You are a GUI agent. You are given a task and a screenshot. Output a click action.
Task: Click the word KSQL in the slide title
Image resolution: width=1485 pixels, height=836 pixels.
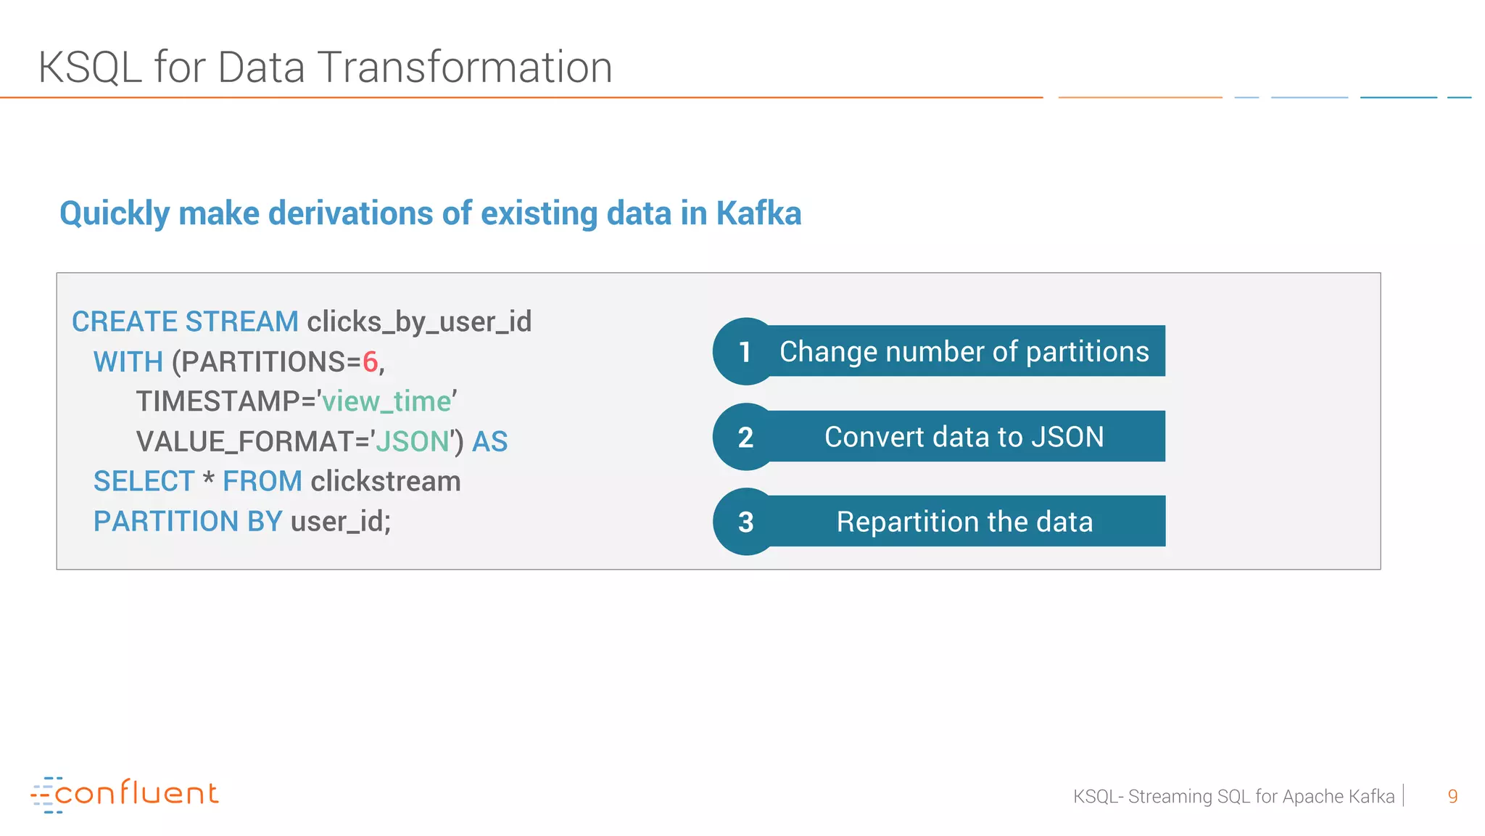[x=90, y=67]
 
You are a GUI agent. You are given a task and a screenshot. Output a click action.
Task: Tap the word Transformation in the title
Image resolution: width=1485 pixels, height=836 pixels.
[x=464, y=67]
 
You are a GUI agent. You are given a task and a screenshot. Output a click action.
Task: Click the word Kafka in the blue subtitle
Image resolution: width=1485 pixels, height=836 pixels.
[x=758, y=213]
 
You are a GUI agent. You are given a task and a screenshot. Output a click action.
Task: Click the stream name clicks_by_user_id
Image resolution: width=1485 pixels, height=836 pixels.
[x=419, y=321]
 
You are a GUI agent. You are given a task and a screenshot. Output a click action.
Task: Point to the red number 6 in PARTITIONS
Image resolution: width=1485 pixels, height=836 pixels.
[x=370, y=361]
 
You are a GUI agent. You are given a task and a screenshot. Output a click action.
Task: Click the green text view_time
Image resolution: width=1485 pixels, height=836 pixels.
[x=386, y=401]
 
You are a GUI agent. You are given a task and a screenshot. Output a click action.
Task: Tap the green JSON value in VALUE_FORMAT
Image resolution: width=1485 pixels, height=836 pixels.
[x=412, y=441]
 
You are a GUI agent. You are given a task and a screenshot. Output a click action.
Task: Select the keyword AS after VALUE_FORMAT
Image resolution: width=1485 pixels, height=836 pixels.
[x=490, y=441]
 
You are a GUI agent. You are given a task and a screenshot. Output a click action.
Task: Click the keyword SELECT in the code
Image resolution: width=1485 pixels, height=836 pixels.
[x=144, y=481]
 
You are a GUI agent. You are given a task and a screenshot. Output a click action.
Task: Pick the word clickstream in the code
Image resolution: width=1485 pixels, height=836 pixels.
[x=386, y=481]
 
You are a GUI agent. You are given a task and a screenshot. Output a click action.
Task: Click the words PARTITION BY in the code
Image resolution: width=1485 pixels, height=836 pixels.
[x=187, y=521]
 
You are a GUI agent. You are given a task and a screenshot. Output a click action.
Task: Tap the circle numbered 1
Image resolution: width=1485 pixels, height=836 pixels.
[x=745, y=352]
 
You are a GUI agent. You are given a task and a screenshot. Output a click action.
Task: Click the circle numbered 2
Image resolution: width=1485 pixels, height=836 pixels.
[x=745, y=437]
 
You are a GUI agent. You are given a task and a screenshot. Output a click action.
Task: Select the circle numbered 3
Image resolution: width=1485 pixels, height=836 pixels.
[x=745, y=522]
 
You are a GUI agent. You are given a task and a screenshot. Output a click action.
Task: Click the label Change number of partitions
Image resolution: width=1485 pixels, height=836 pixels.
[x=964, y=351]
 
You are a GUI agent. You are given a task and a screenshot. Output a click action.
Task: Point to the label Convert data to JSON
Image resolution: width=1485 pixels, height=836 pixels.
[x=964, y=437]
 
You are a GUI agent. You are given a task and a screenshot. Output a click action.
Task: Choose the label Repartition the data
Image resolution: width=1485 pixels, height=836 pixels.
[x=964, y=522]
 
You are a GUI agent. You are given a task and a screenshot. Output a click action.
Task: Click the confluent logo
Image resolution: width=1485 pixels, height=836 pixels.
[x=125, y=794]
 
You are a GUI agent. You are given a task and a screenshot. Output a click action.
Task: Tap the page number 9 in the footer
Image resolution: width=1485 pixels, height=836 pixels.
[x=1452, y=796]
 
